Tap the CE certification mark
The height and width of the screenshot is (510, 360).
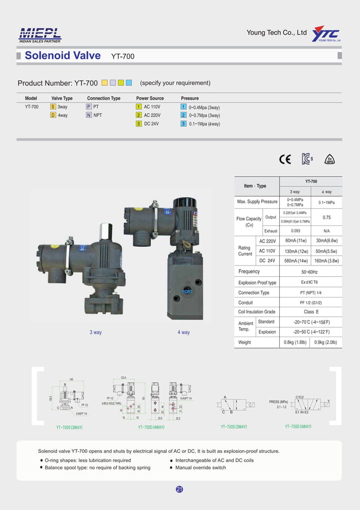285,159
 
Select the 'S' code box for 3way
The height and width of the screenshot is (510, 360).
53,107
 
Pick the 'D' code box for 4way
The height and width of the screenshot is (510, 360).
53,115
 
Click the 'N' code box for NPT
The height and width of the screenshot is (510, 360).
89,115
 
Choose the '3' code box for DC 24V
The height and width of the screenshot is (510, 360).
138,124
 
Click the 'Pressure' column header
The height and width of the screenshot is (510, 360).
190,98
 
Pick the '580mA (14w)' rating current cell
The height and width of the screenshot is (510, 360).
296,261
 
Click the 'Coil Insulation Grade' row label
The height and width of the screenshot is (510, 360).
257,312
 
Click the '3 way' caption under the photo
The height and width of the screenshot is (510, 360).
95,333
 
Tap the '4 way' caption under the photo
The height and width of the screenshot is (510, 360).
183,333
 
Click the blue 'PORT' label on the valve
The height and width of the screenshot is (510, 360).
187,291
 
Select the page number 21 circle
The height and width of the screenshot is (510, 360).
179,489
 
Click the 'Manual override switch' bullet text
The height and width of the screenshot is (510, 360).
200,468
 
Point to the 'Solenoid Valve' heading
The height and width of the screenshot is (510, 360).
63,55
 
